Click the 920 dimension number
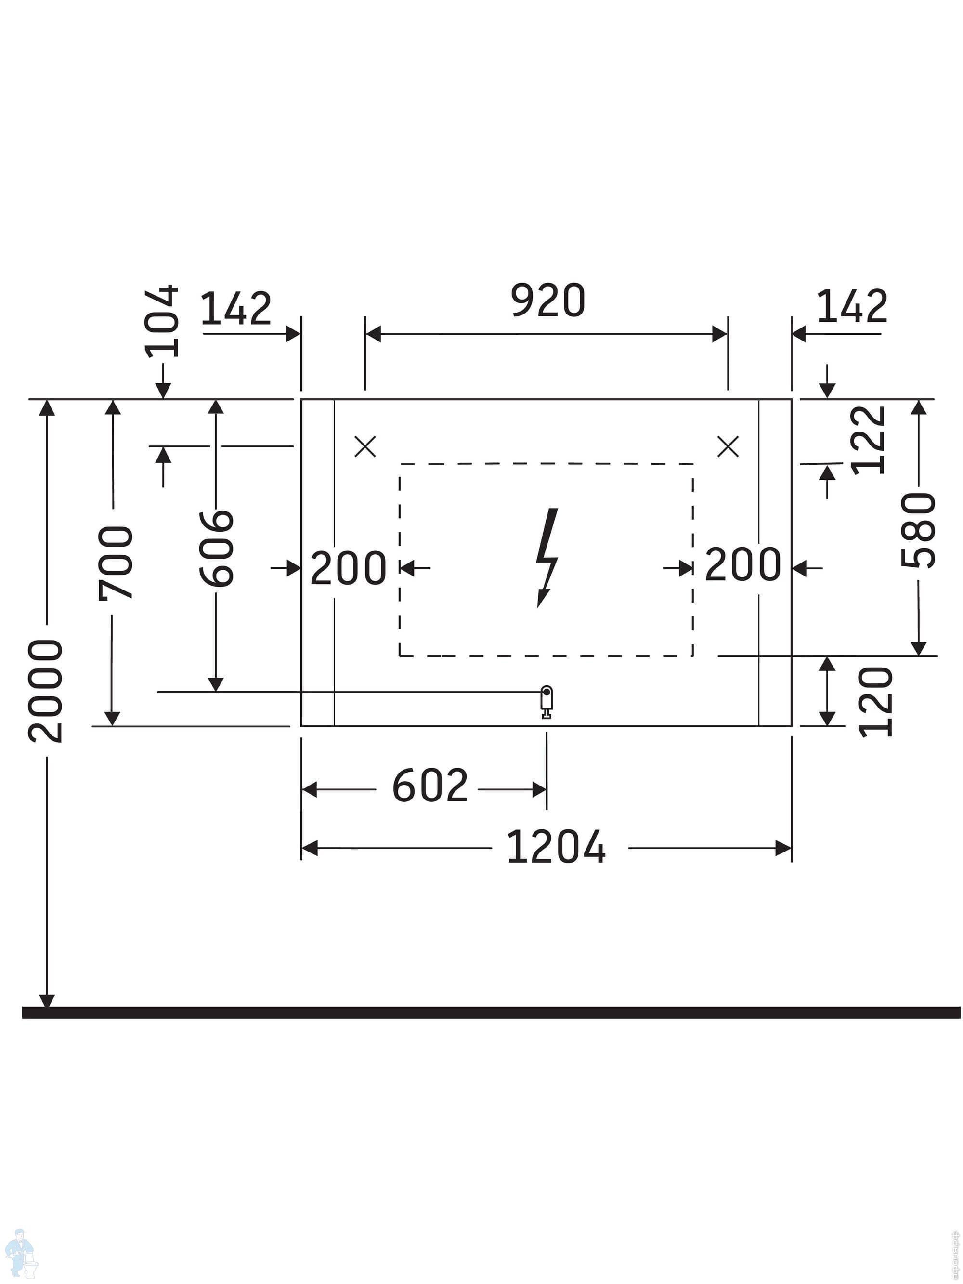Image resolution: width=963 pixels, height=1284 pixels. click(547, 301)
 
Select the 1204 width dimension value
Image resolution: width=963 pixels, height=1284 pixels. click(556, 847)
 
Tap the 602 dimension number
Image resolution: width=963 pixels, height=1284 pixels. click(429, 786)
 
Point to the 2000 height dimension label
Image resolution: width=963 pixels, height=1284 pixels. click(45, 691)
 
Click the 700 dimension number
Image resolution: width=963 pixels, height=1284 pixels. click(116, 563)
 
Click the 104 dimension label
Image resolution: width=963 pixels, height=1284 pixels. click(162, 321)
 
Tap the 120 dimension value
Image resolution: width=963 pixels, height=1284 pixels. click(875, 702)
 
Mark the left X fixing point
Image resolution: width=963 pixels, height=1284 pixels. click(365, 446)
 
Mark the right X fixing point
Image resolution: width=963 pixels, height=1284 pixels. click(728, 446)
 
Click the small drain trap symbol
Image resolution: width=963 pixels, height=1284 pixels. click(546, 702)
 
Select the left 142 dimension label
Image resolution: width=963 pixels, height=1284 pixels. click(235, 308)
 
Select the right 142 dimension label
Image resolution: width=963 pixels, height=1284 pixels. click(852, 306)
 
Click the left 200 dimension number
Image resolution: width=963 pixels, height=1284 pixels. click(348, 568)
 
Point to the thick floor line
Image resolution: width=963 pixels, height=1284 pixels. click(491, 1012)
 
